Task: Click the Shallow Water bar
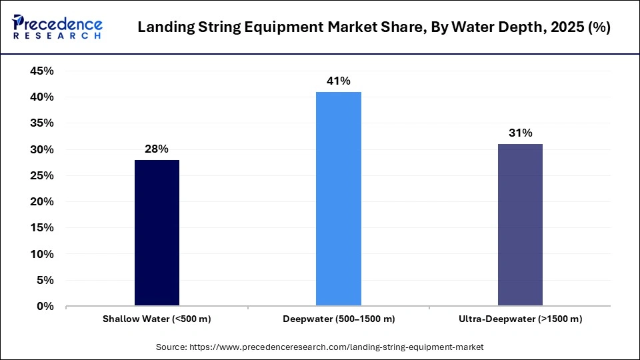(157, 233)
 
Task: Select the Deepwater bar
(339, 199)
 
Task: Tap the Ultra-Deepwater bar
(520, 225)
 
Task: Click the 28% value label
(157, 149)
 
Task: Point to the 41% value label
(339, 81)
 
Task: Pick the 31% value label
(520, 133)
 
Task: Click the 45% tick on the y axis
(41, 71)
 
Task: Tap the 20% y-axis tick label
(41, 202)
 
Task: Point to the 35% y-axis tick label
(41, 123)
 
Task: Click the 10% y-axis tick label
(41, 254)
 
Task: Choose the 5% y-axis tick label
(44, 281)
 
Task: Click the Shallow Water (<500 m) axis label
(157, 319)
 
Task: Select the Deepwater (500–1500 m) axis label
(339, 319)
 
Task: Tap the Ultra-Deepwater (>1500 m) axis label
(520, 319)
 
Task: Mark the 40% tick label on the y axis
(41, 97)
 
